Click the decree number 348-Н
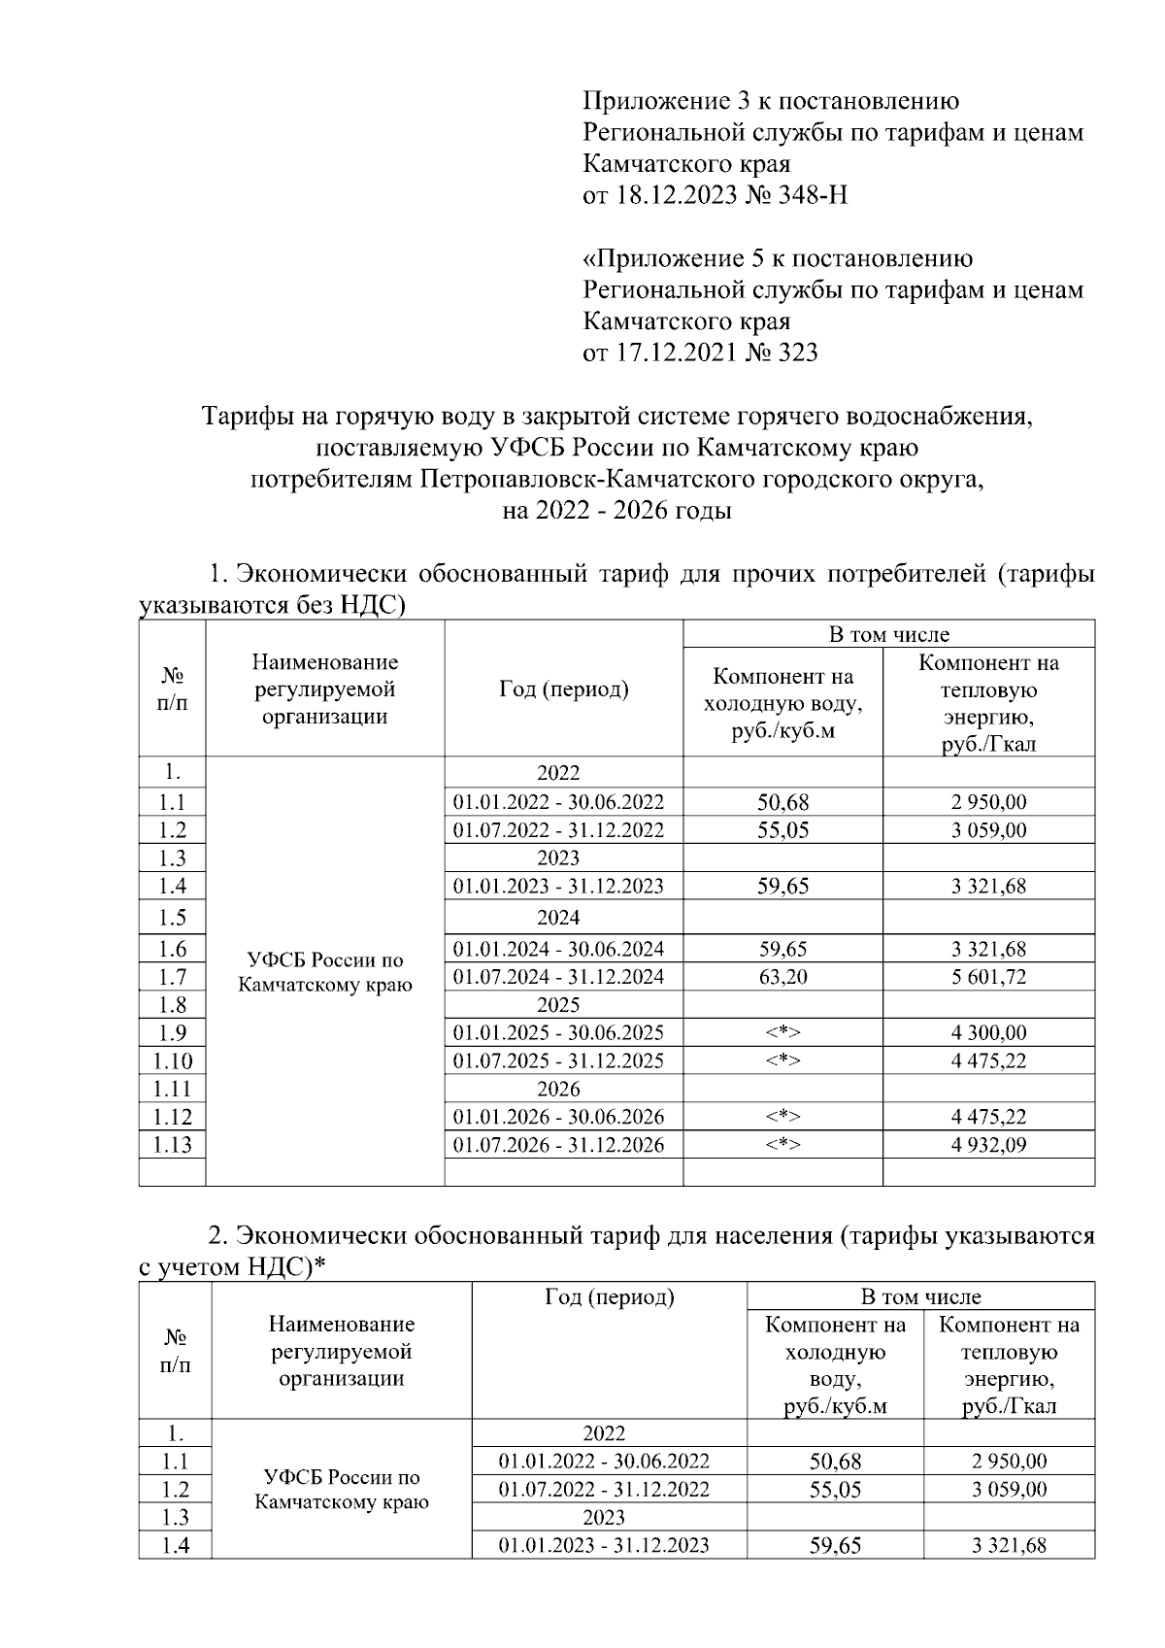pyautogui.click(x=813, y=195)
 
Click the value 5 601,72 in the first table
pyautogui.click(x=988, y=977)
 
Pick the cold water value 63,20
pyautogui.click(x=782, y=977)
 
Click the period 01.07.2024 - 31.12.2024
pyautogui.click(x=558, y=977)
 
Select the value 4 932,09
pyautogui.click(x=988, y=1145)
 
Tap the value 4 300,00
pyautogui.click(x=988, y=1033)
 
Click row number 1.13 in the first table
pyautogui.click(x=173, y=1145)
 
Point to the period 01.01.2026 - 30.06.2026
pyautogui.click(x=558, y=1117)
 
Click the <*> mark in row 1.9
pyautogui.click(x=782, y=1033)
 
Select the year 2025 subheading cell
pyautogui.click(x=558, y=1005)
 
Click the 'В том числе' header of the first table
pyautogui.click(x=888, y=635)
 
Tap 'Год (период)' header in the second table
pyautogui.click(x=609, y=1297)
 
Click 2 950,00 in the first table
pyautogui.click(x=988, y=802)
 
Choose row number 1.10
pyautogui.click(x=173, y=1061)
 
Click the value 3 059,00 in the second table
pyautogui.click(x=1009, y=1490)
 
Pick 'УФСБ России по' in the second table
pyautogui.click(x=342, y=1477)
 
